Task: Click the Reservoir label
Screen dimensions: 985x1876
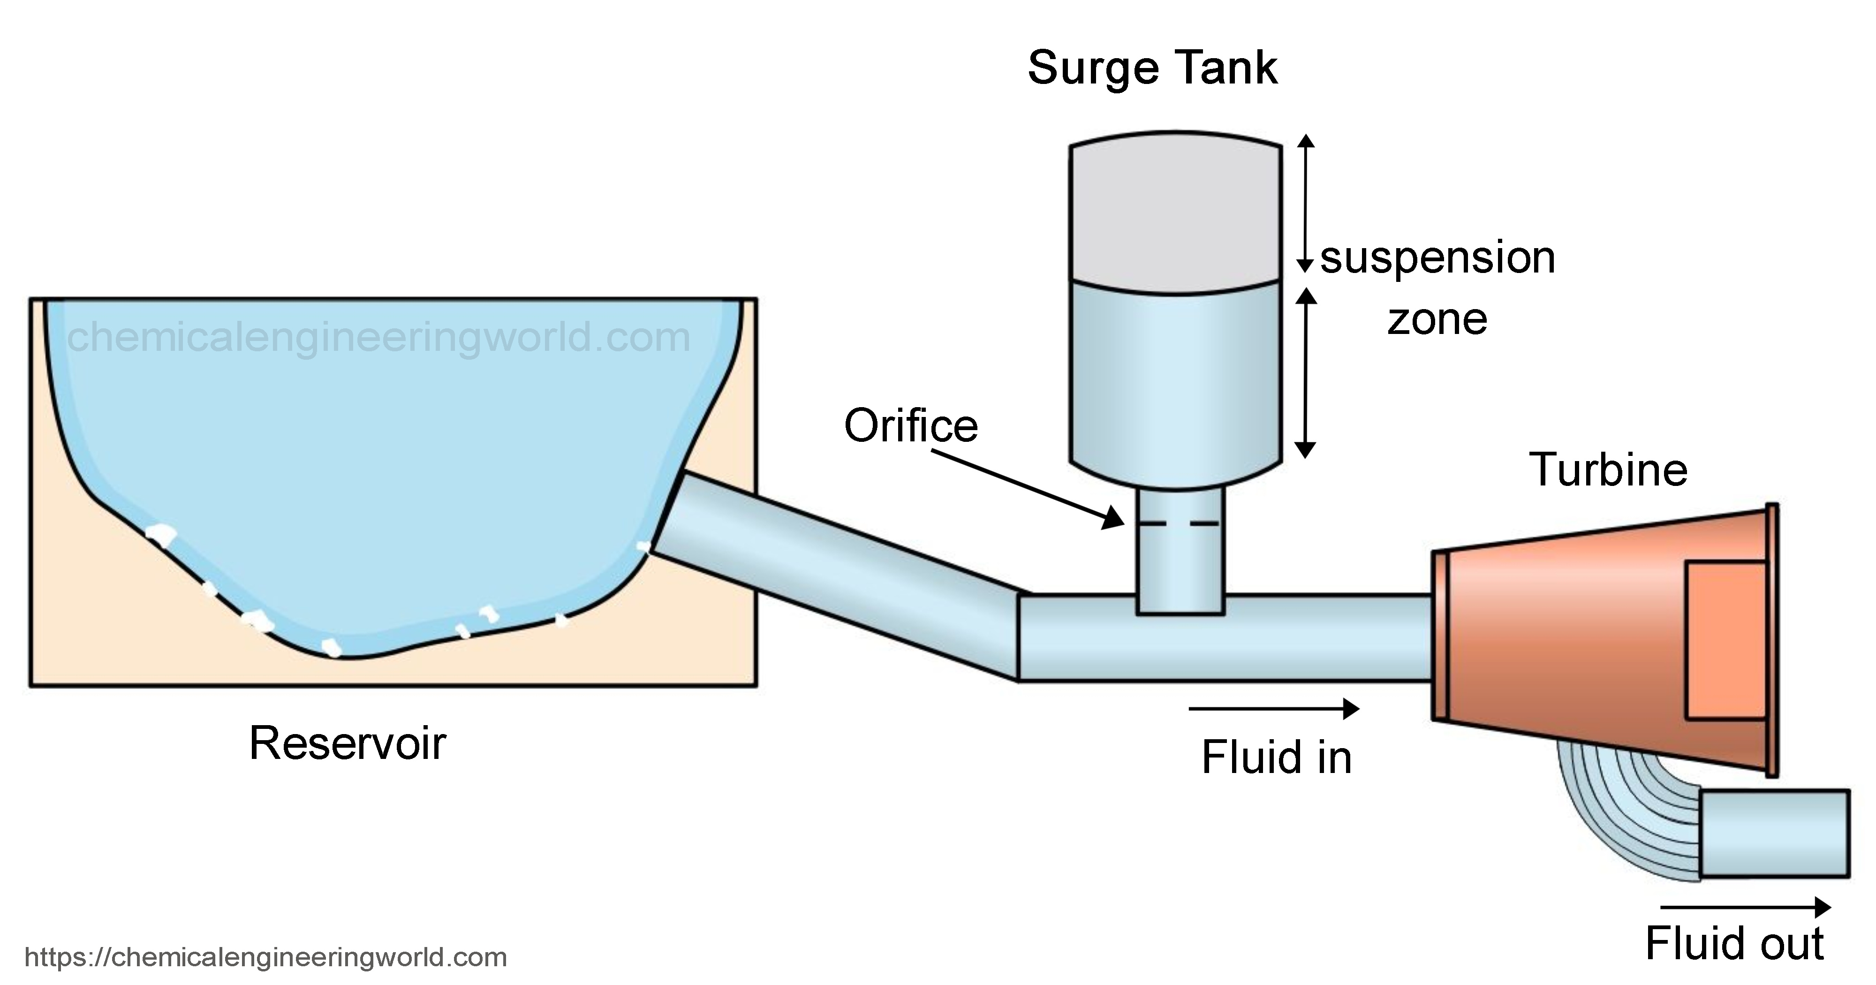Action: [348, 744]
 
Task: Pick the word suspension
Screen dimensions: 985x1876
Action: [1437, 258]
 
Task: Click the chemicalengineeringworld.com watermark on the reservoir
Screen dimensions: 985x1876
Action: [378, 337]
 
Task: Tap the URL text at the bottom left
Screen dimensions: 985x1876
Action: [266, 956]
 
